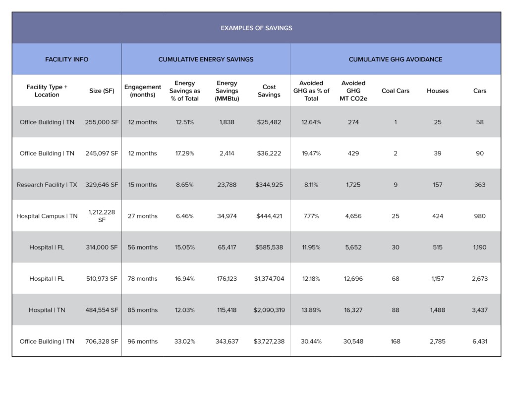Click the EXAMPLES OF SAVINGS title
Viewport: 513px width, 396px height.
pyautogui.click(x=256, y=28)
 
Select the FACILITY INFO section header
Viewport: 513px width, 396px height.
pyautogui.click(x=67, y=59)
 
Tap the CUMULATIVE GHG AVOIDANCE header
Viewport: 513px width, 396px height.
pyautogui.click(x=395, y=59)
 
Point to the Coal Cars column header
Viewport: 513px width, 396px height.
pyautogui.click(x=395, y=91)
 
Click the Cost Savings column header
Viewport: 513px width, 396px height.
pyautogui.click(x=269, y=91)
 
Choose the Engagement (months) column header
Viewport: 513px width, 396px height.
pyautogui.click(x=143, y=91)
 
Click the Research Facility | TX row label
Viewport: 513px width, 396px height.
pyautogui.click(x=47, y=185)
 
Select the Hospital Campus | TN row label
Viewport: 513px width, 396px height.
pyautogui.click(x=47, y=216)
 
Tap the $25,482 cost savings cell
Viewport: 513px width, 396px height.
pyautogui.click(x=269, y=122)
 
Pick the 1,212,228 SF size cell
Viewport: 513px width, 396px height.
pyautogui.click(x=102, y=216)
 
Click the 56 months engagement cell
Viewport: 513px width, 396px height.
pyautogui.click(x=143, y=247)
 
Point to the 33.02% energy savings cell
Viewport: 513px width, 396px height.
pyautogui.click(x=184, y=342)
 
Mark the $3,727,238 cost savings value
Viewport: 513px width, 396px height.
pyautogui.click(x=269, y=342)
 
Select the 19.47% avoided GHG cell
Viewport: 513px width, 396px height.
pyautogui.click(x=311, y=153)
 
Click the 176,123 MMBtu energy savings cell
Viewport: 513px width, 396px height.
pyautogui.click(x=227, y=279)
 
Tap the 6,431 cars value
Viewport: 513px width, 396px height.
pyautogui.click(x=480, y=342)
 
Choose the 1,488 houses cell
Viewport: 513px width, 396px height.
pyautogui.click(x=438, y=310)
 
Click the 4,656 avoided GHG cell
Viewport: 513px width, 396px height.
pyautogui.click(x=353, y=216)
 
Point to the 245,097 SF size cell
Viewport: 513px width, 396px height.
pyautogui.click(x=102, y=153)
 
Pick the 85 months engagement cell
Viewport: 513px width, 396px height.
pyautogui.click(x=143, y=310)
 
